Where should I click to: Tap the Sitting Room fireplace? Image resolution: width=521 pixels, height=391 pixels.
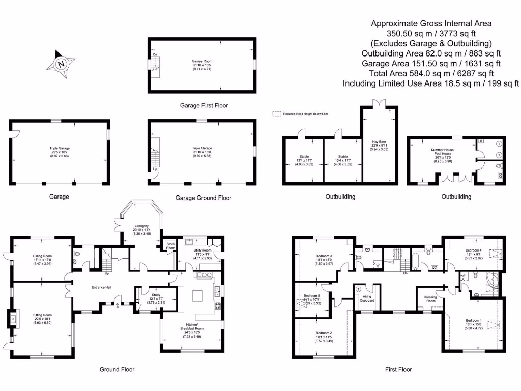pyautogui.click(x=13, y=320)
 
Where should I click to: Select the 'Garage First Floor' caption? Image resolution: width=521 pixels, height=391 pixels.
pyautogui.click(x=204, y=106)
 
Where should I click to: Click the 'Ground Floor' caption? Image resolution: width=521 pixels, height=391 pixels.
pyautogui.click(x=118, y=369)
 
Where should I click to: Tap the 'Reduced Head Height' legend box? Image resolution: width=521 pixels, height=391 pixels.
pyautogui.click(x=277, y=114)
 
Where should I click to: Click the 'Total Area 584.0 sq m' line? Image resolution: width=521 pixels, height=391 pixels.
pyautogui.click(x=431, y=73)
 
